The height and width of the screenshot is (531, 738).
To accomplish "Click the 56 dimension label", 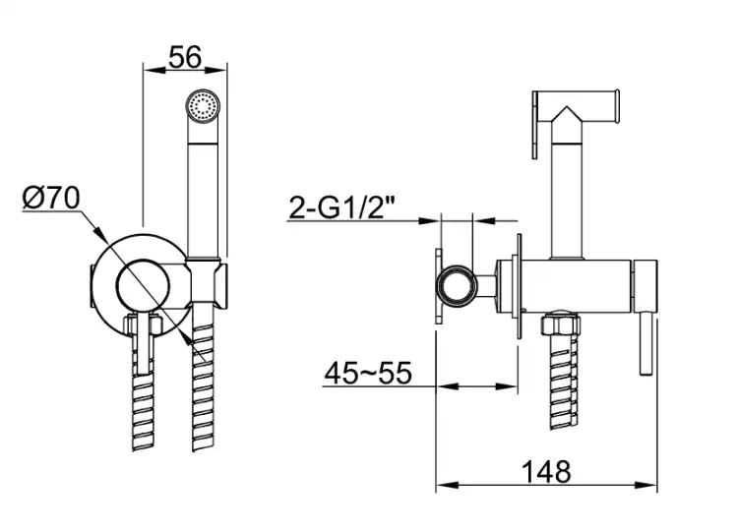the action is click(185, 57).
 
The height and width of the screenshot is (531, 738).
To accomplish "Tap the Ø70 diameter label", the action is click(51, 198).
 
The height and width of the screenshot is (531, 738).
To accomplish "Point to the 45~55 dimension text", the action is click(368, 373).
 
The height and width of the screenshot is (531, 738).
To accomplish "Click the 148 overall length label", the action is click(546, 471).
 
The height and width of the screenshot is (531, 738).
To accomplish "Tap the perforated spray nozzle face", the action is click(203, 106).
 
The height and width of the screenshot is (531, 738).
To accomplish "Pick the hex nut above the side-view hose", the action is click(561, 324).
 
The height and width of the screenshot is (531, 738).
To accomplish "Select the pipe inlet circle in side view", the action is click(457, 286).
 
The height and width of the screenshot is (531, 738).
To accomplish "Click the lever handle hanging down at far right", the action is click(646, 344).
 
